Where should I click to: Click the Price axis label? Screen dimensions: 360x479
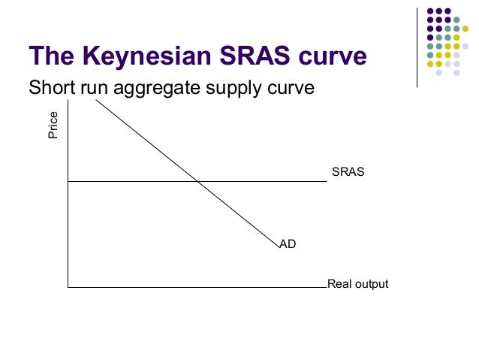point(53,126)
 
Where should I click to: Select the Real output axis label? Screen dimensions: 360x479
point(357,285)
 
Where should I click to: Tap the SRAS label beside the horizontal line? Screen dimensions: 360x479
point(348,171)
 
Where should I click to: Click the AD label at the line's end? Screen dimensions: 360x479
point(288,244)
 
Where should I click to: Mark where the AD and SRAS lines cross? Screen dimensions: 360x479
point(197,181)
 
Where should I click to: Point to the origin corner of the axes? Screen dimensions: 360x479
point(68,287)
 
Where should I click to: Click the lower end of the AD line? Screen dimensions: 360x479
point(278,246)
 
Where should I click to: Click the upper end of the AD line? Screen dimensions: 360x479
point(96,99)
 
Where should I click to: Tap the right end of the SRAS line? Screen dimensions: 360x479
point(326,181)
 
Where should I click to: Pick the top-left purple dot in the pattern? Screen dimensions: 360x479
point(431,12)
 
